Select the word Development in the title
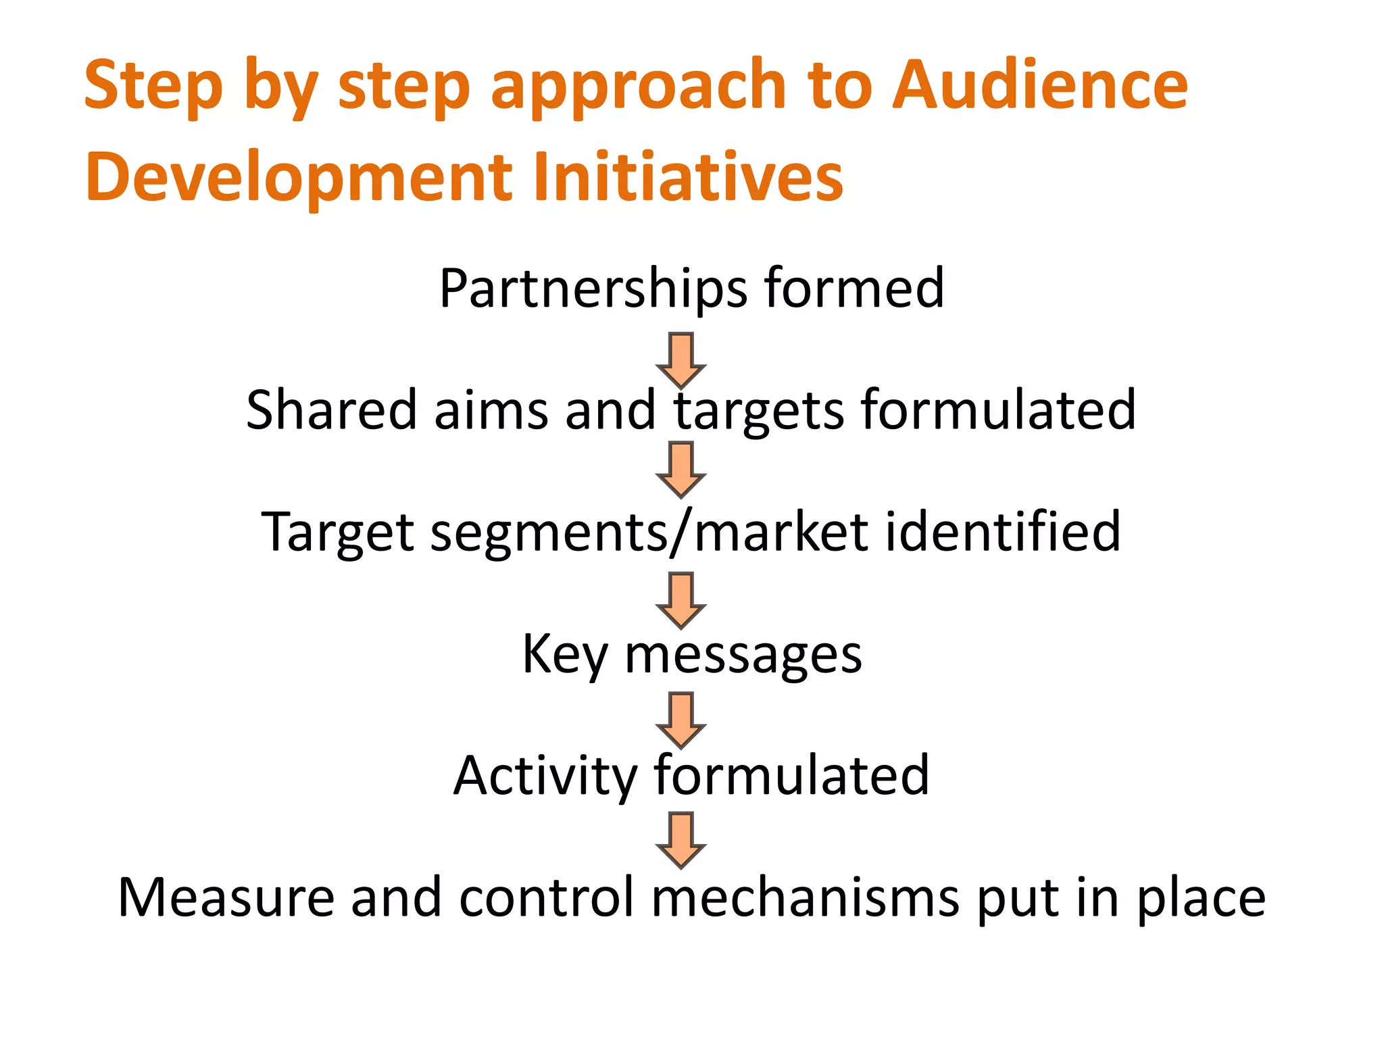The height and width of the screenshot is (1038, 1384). pos(299,177)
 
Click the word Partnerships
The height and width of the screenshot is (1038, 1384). pos(593,289)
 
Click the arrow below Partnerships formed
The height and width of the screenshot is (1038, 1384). pos(681,359)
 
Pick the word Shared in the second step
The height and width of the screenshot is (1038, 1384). pos(331,410)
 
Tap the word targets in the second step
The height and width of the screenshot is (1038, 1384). pos(759,411)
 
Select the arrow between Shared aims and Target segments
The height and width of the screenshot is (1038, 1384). pos(681,469)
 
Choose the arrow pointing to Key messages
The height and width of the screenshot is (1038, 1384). pos(681,600)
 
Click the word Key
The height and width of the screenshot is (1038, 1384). pos(564,654)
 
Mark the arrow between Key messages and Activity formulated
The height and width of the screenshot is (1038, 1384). pos(681,720)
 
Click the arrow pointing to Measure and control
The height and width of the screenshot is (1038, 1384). pos(681,839)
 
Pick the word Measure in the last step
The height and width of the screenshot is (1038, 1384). pos(226,897)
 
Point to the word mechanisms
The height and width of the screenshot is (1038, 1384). pos(805,897)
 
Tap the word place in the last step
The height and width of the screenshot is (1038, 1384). pos(1201,899)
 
